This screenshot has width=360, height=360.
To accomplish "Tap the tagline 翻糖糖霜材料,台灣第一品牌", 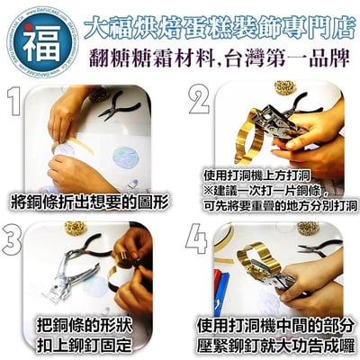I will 213,60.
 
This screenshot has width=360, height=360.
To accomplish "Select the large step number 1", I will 21,106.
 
